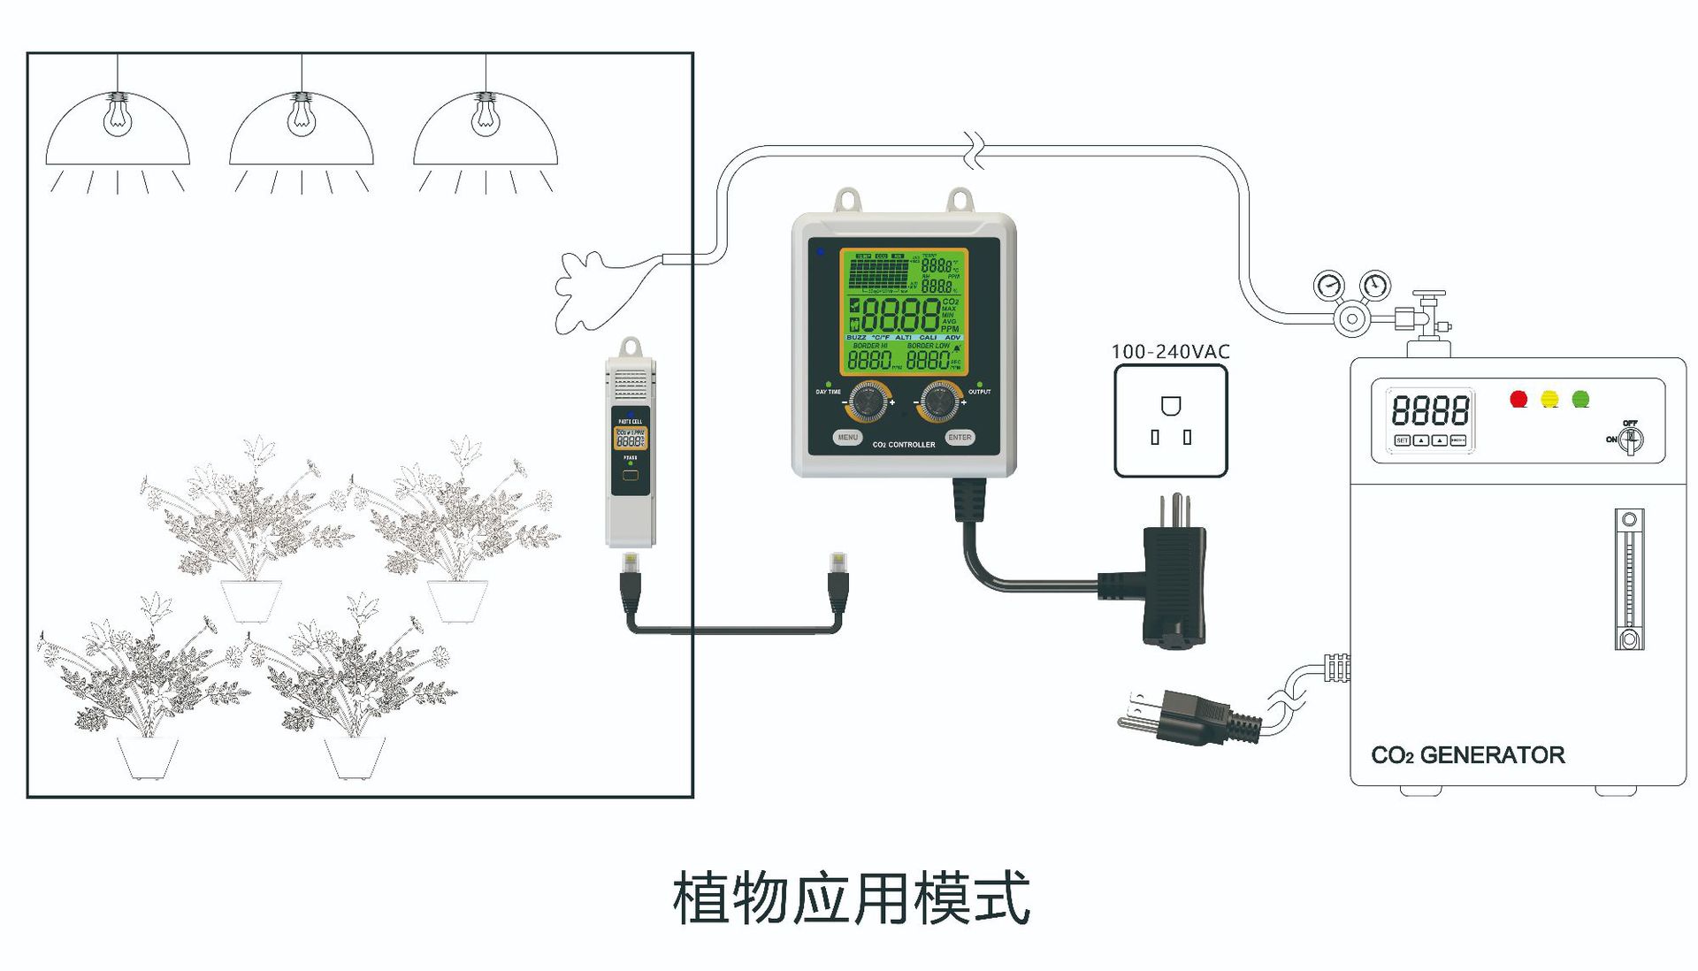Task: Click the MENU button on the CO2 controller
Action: pos(847,437)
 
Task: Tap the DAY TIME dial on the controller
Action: pos(868,402)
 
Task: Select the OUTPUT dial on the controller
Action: pos(939,402)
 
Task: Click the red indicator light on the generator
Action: pos(1518,399)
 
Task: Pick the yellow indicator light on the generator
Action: pos(1549,399)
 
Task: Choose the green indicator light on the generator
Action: pos(1580,399)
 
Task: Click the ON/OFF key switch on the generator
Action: pos(1630,439)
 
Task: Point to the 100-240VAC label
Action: pos(1170,351)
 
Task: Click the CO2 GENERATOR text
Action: pos(1467,755)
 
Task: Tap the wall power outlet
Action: pos(1170,421)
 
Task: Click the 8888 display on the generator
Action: pos(1429,410)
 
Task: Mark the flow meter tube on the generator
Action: pos(1629,579)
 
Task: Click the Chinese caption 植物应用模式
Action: pos(851,898)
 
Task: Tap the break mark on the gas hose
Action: pos(975,151)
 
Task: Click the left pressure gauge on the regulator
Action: pos(1328,287)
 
